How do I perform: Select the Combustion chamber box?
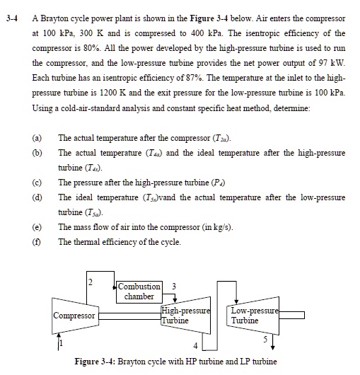(x=139, y=291)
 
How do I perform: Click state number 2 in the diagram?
(x=91, y=284)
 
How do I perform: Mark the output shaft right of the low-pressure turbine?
(x=293, y=315)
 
